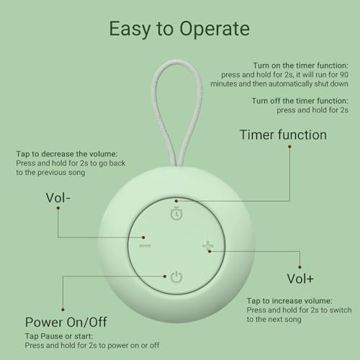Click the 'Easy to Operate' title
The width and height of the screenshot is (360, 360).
pyautogui.click(x=179, y=29)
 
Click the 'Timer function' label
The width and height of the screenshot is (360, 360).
pyautogui.click(x=283, y=135)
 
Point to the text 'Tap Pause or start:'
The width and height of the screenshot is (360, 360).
pyautogui.click(x=60, y=336)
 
